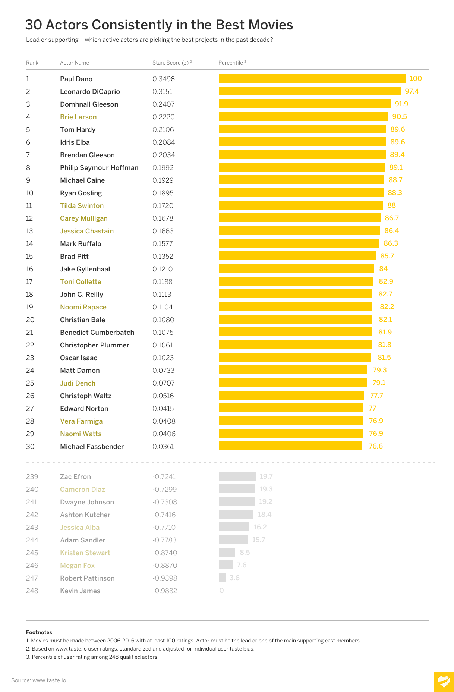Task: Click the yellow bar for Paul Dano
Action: [x=312, y=78]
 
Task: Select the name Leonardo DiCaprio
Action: [x=90, y=92]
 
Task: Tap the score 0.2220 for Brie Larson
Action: [x=163, y=117]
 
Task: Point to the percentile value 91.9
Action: [x=401, y=104]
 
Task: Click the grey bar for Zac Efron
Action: [x=237, y=476]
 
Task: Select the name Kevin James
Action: [x=80, y=591]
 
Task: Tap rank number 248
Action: [x=32, y=591]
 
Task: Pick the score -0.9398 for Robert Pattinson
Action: [x=165, y=578]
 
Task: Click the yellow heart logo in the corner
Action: [x=444, y=682]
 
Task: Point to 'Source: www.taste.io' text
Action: [x=38, y=680]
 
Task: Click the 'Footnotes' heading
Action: [x=39, y=632]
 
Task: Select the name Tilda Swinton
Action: [x=82, y=206]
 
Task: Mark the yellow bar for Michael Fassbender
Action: [x=290, y=446]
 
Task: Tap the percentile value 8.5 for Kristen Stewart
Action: [x=245, y=552]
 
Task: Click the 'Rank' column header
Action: [x=32, y=63]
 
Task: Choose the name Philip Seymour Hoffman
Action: [x=99, y=168]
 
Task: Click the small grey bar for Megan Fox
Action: [x=226, y=565]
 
